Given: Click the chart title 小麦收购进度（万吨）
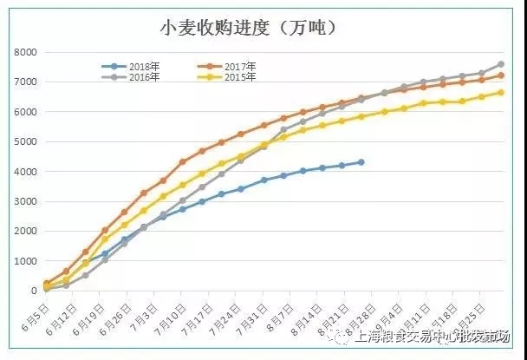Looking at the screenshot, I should click(247, 28).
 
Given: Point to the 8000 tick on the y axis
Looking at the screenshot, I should click(25, 53).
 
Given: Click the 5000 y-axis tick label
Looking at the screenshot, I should click(25, 142).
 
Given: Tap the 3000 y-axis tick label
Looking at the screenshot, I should click(25, 202).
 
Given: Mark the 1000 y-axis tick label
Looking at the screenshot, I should click(25, 261).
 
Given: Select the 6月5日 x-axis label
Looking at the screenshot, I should click(41, 316).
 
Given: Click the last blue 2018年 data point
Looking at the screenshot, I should click(361, 162).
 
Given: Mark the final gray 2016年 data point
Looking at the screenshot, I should click(501, 64).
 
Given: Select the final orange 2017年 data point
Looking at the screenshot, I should click(501, 75).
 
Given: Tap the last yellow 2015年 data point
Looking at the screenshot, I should click(501, 93).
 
